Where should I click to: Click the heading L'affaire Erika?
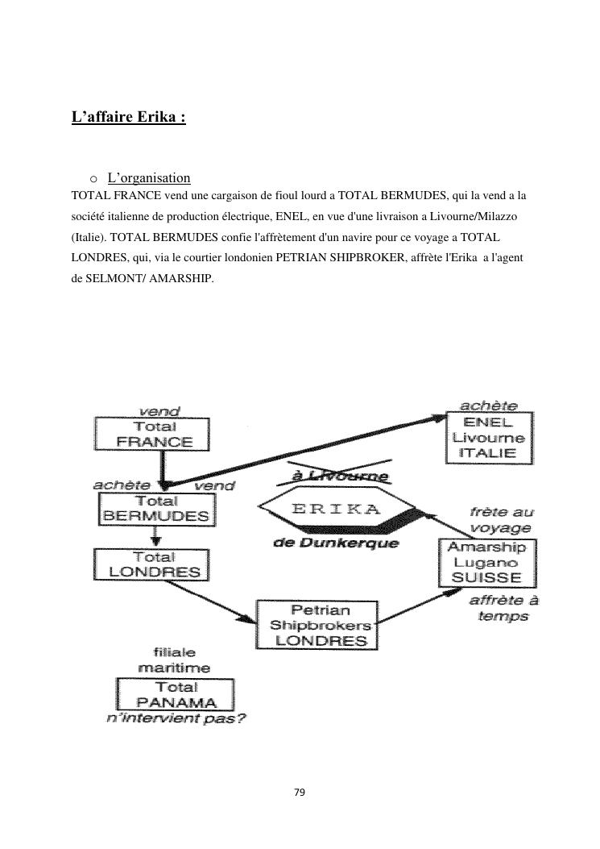point(129,117)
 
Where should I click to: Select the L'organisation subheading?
point(148,178)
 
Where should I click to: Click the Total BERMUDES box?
point(157,509)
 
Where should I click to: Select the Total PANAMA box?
point(176,695)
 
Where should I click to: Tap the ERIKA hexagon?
point(336,510)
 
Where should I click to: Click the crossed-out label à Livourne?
point(340,477)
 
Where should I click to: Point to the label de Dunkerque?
point(336,543)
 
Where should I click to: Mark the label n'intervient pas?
point(176,718)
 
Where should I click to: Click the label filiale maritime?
point(174,660)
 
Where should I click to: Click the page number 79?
point(300,793)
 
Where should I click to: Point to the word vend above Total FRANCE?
point(160,411)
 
